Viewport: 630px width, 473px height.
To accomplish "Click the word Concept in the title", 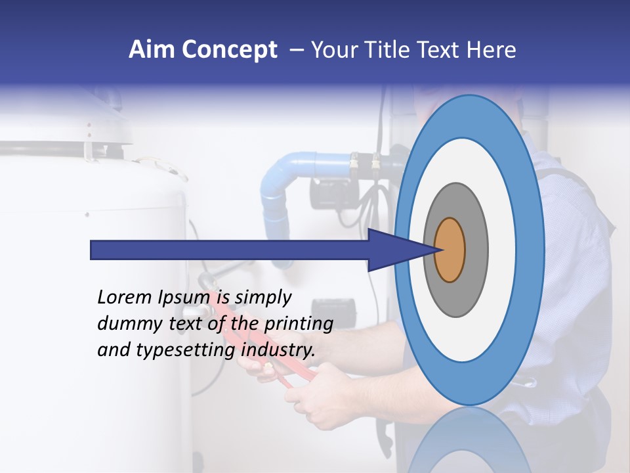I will point(230,50).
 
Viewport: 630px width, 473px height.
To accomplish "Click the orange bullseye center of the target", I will point(450,250).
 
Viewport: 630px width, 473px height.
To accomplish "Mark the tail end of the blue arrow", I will point(93,250).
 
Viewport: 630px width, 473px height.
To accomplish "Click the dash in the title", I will point(296,50).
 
